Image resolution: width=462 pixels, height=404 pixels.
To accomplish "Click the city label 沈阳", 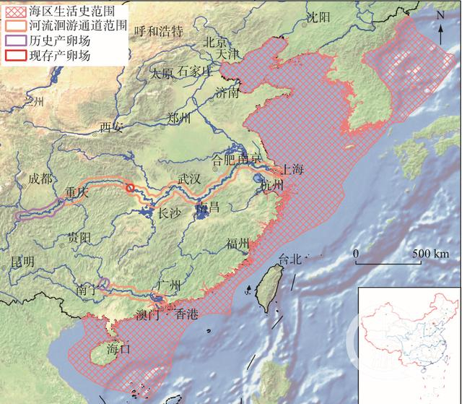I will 317,17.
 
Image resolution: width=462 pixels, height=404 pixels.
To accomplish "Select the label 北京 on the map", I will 217,41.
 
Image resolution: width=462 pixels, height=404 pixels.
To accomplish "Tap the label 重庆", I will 76,193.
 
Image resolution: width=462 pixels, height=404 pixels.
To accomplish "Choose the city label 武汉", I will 193,179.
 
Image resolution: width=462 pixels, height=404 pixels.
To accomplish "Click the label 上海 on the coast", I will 293,170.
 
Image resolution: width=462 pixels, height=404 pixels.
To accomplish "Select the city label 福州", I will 237,243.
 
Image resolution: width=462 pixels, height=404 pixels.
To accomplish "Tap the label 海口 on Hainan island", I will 117,348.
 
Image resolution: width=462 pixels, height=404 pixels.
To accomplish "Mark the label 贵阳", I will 77,236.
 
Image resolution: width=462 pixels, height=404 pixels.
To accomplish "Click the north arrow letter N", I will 440,15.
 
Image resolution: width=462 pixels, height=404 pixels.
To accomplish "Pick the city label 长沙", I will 171,213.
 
